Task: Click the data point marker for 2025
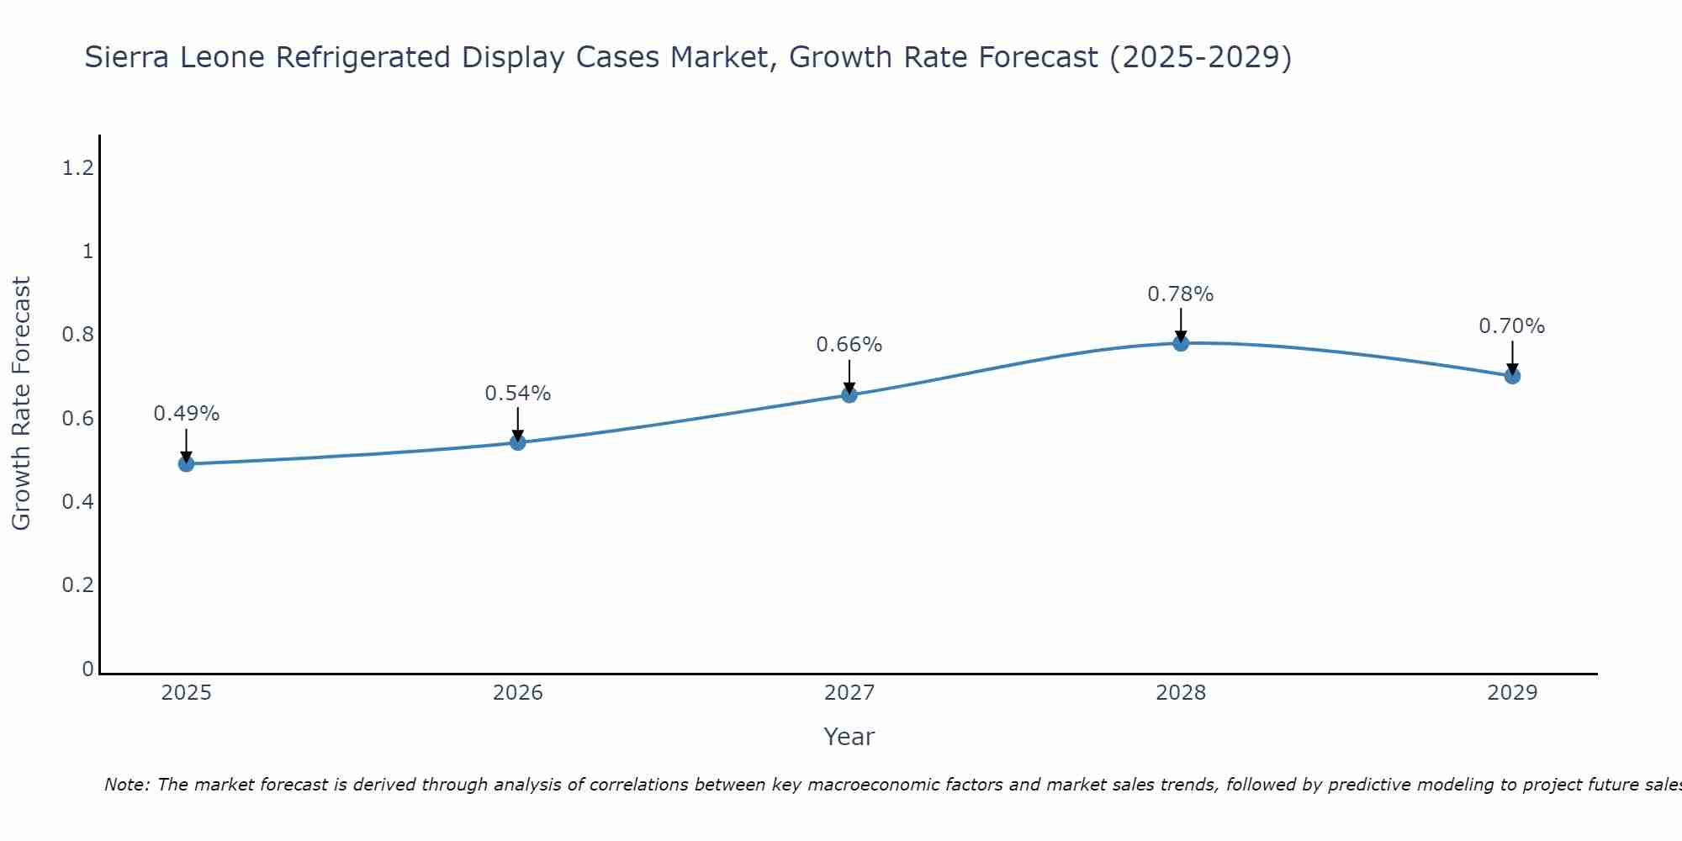point(186,463)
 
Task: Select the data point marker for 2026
point(517,442)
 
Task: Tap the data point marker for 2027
point(849,394)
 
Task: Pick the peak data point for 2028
point(1180,342)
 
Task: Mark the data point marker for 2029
point(1511,376)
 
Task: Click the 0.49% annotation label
point(186,414)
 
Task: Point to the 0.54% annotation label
point(517,394)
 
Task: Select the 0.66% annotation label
point(849,345)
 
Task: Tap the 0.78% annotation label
point(1180,294)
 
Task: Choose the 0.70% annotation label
point(1511,326)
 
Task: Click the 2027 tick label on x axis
point(849,693)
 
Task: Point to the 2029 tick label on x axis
point(1511,693)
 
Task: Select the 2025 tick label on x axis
point(186,693)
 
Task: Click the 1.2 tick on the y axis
point(77,168)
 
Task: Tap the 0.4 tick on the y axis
point(77,502)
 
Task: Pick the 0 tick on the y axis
point(87,669)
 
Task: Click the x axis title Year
point(849,737)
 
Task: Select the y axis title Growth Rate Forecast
point(22,404)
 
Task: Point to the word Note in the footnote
point(126,785)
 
